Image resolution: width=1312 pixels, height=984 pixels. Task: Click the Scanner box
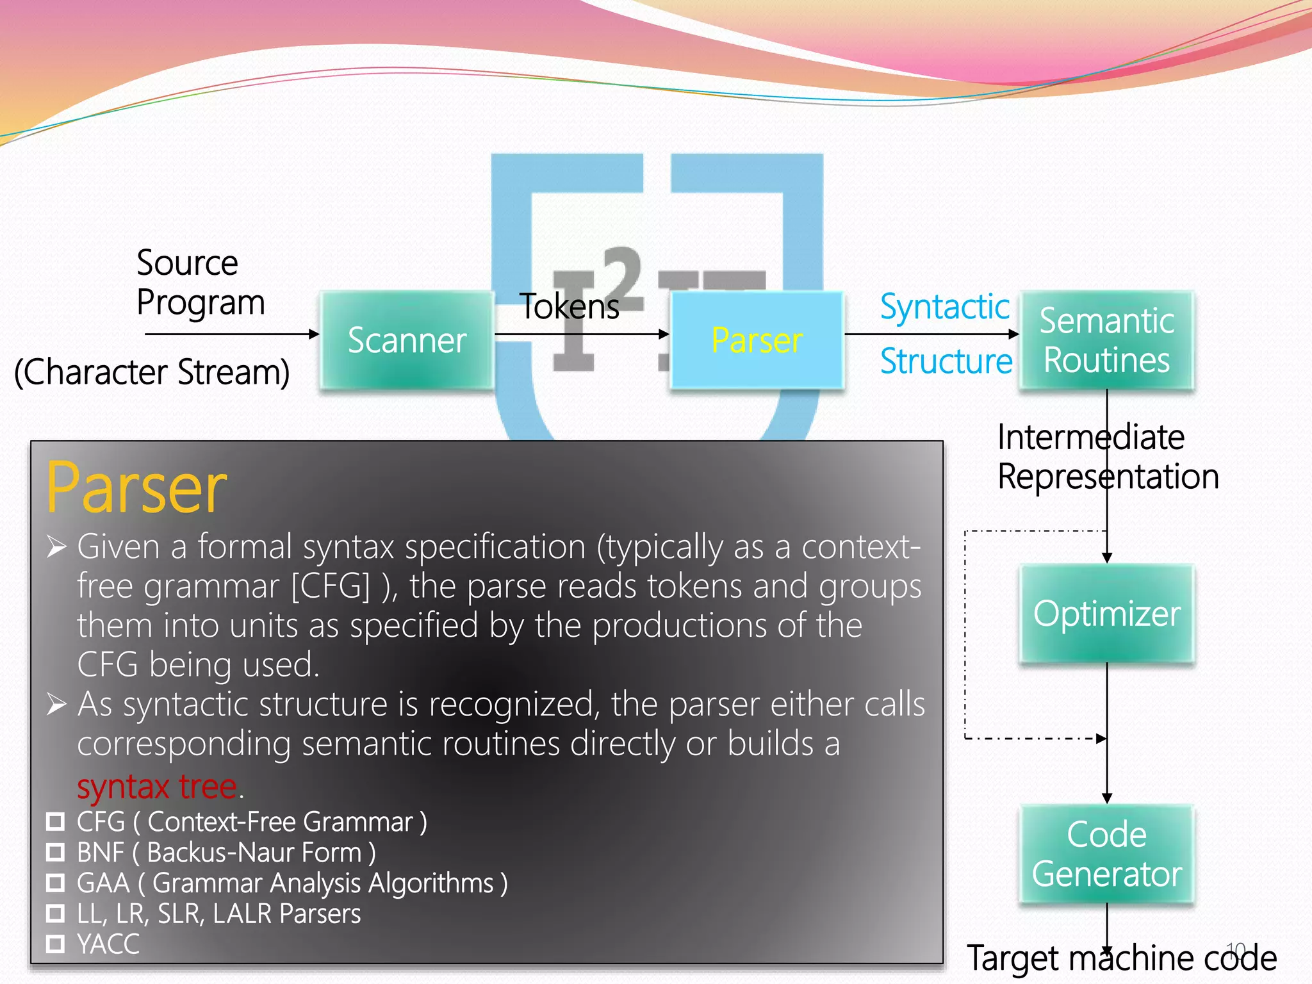point(407,340)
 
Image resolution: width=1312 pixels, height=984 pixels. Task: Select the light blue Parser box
point(757,340)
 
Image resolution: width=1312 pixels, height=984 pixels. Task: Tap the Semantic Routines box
point(1106,340)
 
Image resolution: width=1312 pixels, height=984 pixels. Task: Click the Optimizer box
point(1106,614)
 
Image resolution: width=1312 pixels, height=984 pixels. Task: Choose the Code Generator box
point(1106,854)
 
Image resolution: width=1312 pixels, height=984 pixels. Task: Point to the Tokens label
point(570,306)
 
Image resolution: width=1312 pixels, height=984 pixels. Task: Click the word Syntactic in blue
point(944,307)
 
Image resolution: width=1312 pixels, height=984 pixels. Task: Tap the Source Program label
point(200,283)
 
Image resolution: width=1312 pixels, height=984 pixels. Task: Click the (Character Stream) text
point(152,372)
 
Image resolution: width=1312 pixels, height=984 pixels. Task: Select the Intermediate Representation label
point(1108,457)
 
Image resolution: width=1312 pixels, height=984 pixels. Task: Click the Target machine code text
point(1121,958)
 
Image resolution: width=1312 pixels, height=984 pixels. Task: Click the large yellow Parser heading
point(136,488)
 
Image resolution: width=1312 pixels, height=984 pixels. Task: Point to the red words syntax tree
point(157,786)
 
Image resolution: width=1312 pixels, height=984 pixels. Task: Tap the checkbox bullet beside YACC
point(56,944)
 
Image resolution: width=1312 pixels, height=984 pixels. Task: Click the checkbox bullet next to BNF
point(56,852)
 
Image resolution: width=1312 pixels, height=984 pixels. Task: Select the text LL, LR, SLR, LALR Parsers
point(218,914)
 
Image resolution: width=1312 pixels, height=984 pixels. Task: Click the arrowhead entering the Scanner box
point(314,334)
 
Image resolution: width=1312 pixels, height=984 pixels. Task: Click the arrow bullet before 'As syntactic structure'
point(56,704)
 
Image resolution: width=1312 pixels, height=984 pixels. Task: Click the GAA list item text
point(291,883)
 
